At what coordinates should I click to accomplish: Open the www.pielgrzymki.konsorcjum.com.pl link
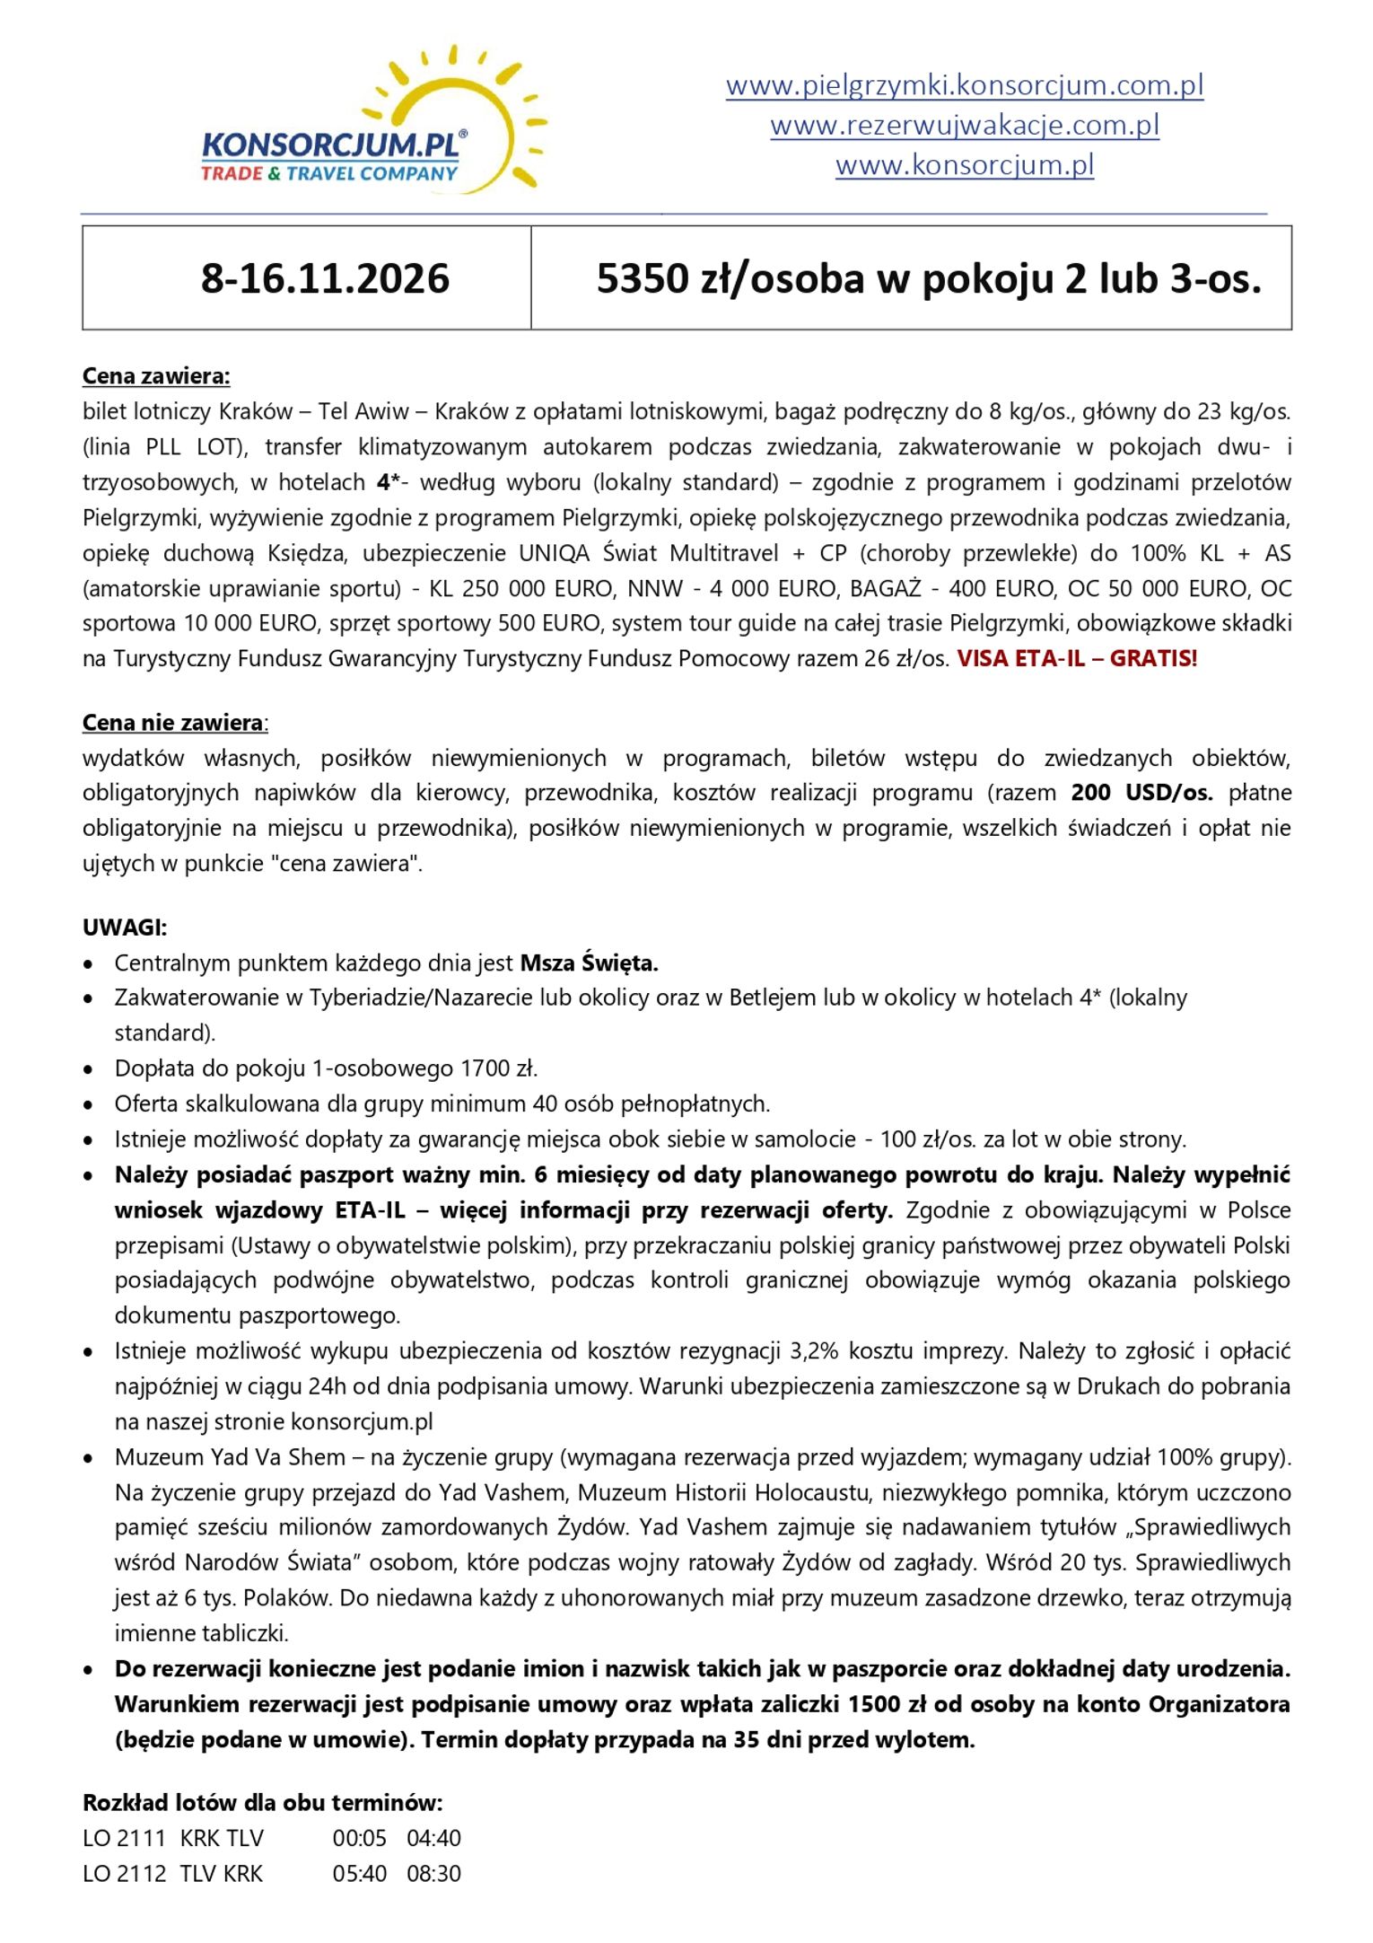click(x=964, y=85)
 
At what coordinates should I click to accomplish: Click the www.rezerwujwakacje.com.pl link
click(x=964, y=125)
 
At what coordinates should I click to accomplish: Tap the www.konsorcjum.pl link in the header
click(x=964, y=165)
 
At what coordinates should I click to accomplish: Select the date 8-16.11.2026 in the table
click(x=325, y=278)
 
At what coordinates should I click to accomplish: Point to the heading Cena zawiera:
click(x=156, y=376)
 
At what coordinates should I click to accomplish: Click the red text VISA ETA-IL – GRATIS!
click(x=1076, y=659)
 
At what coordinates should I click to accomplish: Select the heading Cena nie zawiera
click(x=174, y=723)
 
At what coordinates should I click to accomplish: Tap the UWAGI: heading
click(x=125, y=928)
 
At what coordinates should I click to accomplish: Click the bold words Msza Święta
click(x=589, y=963)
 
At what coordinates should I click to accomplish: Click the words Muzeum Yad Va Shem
click(x=230, y=1457)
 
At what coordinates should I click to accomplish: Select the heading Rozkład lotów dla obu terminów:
click(x=262, y=1803)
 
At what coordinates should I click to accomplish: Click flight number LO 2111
click(x=125, y=1839)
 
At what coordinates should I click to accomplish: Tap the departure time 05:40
click(x=359, y=1874)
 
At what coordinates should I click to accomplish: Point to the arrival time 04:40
click(x=433, y=1839)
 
